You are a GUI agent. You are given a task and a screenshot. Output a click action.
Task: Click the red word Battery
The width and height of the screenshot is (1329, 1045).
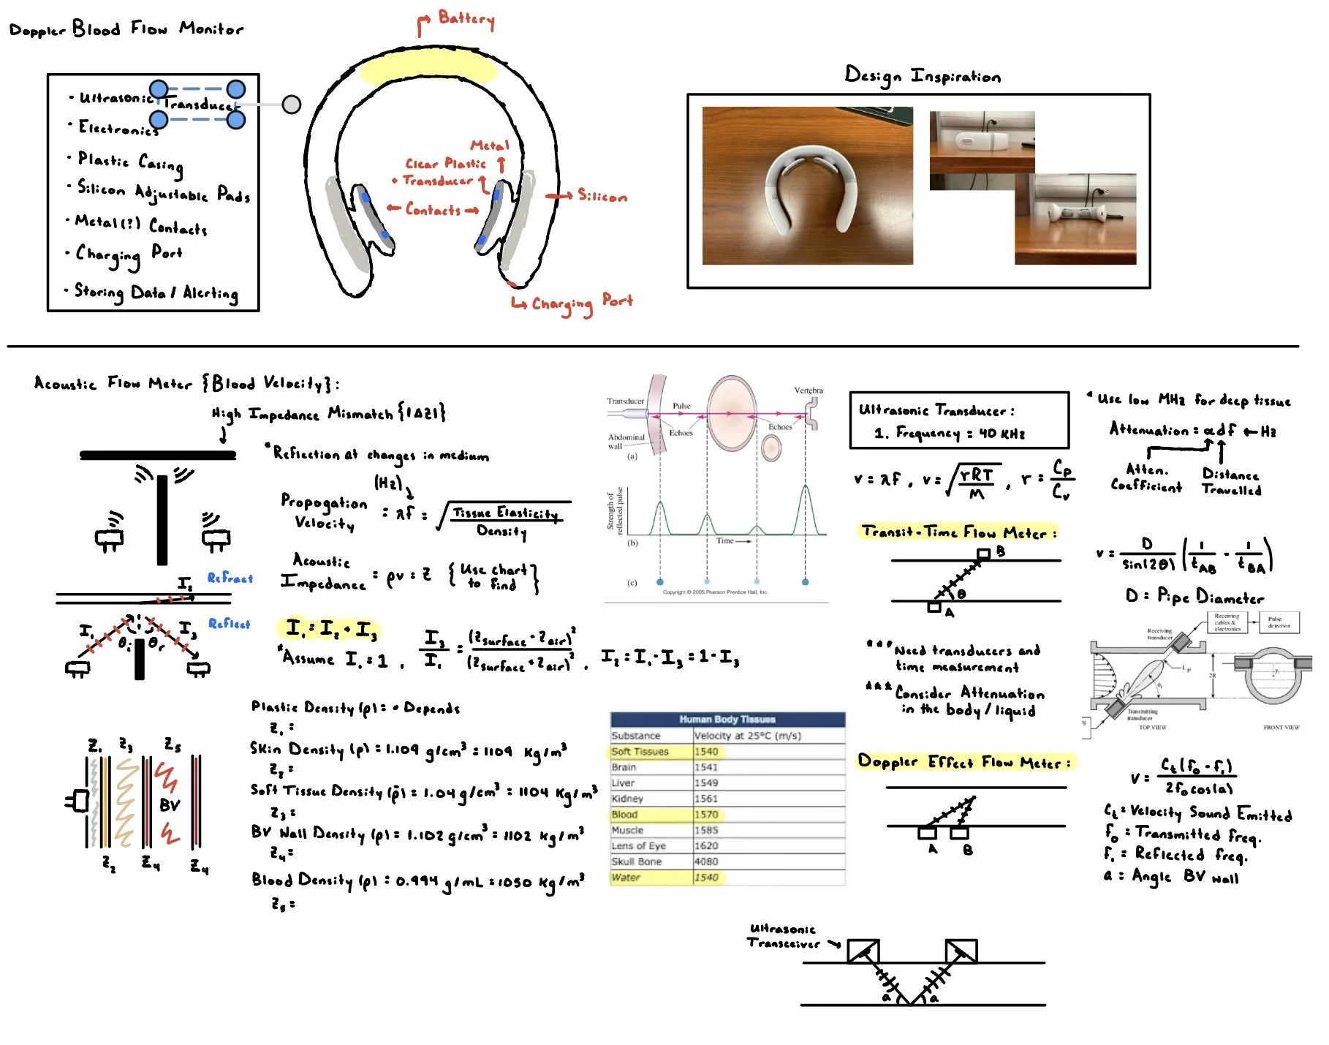[466, 18]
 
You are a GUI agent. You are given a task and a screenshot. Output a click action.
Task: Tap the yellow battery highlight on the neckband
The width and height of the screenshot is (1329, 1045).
[428, 69]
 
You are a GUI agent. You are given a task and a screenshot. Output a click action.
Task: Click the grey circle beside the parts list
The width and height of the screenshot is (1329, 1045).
[291, 105]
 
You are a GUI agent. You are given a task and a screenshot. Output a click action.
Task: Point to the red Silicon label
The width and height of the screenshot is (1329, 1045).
[602, 196]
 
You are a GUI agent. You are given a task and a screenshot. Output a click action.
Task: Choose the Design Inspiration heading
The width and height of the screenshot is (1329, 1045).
[922, 75]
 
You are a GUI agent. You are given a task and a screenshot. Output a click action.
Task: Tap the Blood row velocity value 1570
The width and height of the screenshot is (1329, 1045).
[706, 815]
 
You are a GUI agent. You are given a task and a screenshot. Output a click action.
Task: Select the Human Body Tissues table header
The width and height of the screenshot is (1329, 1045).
[727, 719]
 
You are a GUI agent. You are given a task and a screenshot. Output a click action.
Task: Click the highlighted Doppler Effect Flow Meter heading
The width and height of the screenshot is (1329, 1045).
[963, 762]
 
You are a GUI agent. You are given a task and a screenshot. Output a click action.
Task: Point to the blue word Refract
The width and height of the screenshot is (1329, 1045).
[230, 578]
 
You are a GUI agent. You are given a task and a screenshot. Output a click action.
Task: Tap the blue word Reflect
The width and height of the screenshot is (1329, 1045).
[229, 624]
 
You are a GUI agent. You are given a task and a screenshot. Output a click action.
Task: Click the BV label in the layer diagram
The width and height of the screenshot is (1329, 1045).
[170, 805]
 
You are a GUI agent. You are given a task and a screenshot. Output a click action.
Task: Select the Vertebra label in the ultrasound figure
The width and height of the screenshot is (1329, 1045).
[808, 391]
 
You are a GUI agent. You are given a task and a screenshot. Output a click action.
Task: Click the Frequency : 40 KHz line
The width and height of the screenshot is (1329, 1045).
[950, 433]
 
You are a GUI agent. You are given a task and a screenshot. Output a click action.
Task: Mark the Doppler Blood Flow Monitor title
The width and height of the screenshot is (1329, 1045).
[126, 29]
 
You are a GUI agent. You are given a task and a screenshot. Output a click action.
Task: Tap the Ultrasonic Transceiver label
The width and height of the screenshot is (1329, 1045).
[783, 936]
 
